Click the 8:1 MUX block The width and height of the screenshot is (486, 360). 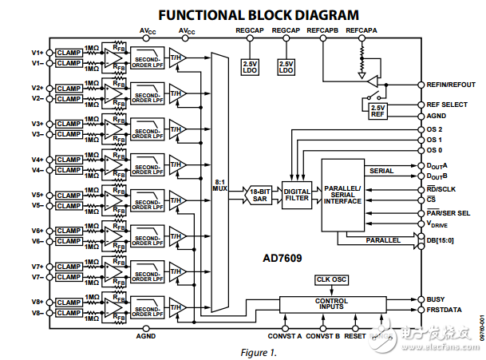[x=219, y=184]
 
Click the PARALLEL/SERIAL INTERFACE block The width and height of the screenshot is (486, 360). [x=342, y=196]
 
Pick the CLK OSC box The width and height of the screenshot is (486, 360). [x=330, y=279]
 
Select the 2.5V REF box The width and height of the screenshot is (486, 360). [x=377, y=111]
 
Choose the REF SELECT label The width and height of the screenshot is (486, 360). [x=447, y=105]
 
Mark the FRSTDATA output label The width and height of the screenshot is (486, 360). [x=444, y=309]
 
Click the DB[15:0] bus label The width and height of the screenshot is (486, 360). [x=443, y=240]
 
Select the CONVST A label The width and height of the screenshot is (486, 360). [x=286, y=335]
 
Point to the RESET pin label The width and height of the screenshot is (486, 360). [x=355, y=335]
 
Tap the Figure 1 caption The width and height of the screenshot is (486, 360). [x=259, y=351]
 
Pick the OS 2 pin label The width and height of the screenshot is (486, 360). [x=437, y=129]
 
